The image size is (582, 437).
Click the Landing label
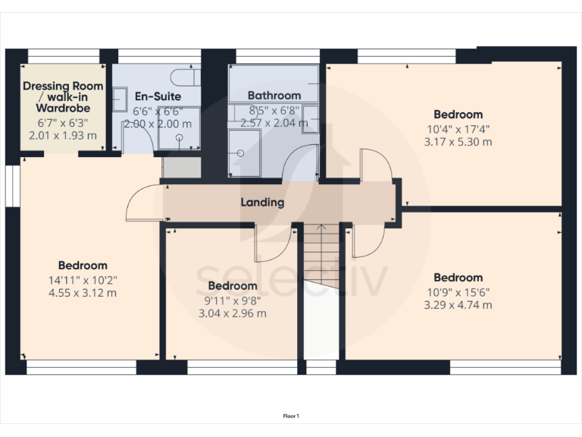pyautogui.click(x=262, y=203)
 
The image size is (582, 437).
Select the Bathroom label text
pyautogui.click(x=274, y=96)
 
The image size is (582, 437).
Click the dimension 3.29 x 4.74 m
pyautogui.click(x=458, y=305)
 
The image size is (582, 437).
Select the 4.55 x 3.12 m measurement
pyautogui.click(x=83, y=293)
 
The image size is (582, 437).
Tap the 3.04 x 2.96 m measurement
pyautogui.click(x=232, y=313)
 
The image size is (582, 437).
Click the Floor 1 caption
pyautogui.click(x=291, y=416)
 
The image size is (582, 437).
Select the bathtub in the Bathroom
pyautogui.click(x=274, y=77)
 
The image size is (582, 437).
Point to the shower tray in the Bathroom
pyautogui.click(x=244, y=152)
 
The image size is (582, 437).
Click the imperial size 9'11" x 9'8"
pyautogui.click(x=232, y=300)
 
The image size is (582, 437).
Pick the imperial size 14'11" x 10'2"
pyautogui.click(x=83, y=279)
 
